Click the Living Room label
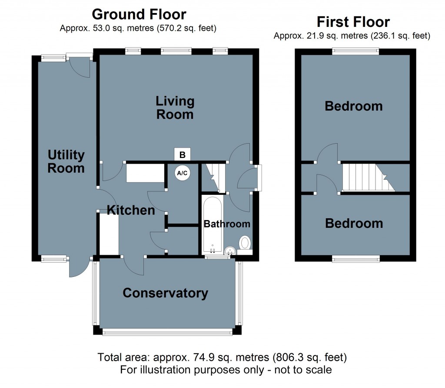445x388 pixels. click(x=175, y=108)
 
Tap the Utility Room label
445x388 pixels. click(x=66, y=161)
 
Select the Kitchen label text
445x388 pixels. click(x=131, y=210)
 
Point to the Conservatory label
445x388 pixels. click(x=165, y=293)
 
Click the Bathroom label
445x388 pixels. click(x=227, y=224)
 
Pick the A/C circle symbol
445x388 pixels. click(x=182, y=173)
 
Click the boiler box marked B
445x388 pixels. click(x=183, y=155)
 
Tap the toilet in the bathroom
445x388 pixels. click(x=246, y=243)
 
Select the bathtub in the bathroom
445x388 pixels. click(x=213, y=225)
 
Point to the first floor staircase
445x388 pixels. click(x=367, y=177)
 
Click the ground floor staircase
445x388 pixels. click(x=214, y=176)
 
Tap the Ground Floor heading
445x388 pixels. click(x=139, y=14)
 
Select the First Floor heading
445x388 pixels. click(x=353, y=21)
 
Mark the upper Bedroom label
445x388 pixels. click(x=354, y=106)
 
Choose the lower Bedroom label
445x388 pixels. click(x=354, y=224)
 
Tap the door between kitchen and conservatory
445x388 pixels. click(x=133, y=265)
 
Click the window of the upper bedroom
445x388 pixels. click(x=355, y=51)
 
